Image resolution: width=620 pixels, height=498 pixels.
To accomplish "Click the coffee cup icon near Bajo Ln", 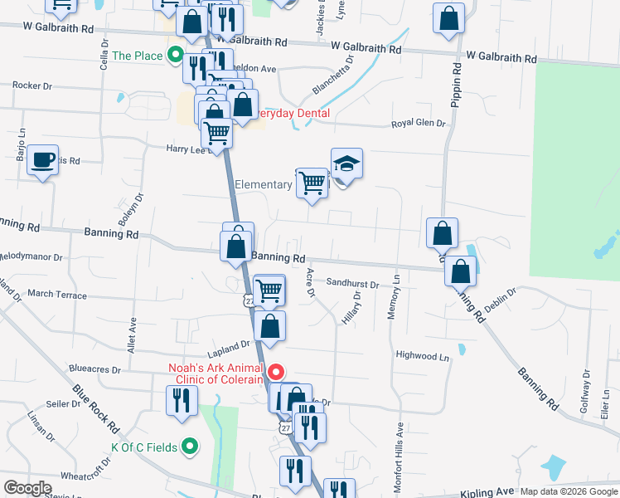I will (42, 159).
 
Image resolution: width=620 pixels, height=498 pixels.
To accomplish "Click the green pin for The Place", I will (175, 56).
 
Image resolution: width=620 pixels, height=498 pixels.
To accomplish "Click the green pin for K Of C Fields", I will (189, 447).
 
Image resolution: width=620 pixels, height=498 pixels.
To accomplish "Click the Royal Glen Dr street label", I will (419, 124).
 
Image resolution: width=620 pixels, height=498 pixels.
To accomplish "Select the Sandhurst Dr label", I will (352, 284).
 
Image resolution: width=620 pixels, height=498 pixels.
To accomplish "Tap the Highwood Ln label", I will (423, 356).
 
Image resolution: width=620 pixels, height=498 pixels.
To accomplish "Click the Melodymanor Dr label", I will (31, 257).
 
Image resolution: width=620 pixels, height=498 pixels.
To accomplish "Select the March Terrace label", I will (56, 294).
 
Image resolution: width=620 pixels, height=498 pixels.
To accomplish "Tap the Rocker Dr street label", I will (32, 85).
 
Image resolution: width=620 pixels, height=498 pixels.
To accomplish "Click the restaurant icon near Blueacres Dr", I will (179, 401).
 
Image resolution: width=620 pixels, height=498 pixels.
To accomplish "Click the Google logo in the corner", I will (28, 488).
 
